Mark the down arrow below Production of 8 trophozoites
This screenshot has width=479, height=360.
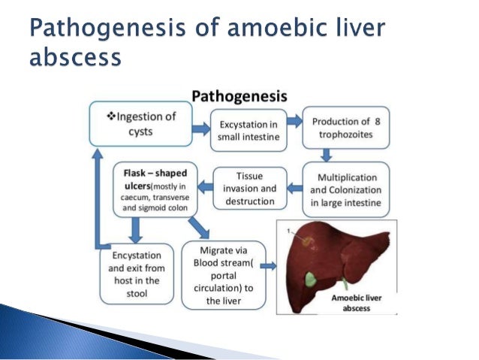(327, 156)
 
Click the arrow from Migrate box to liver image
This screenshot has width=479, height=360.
(271, 267)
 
